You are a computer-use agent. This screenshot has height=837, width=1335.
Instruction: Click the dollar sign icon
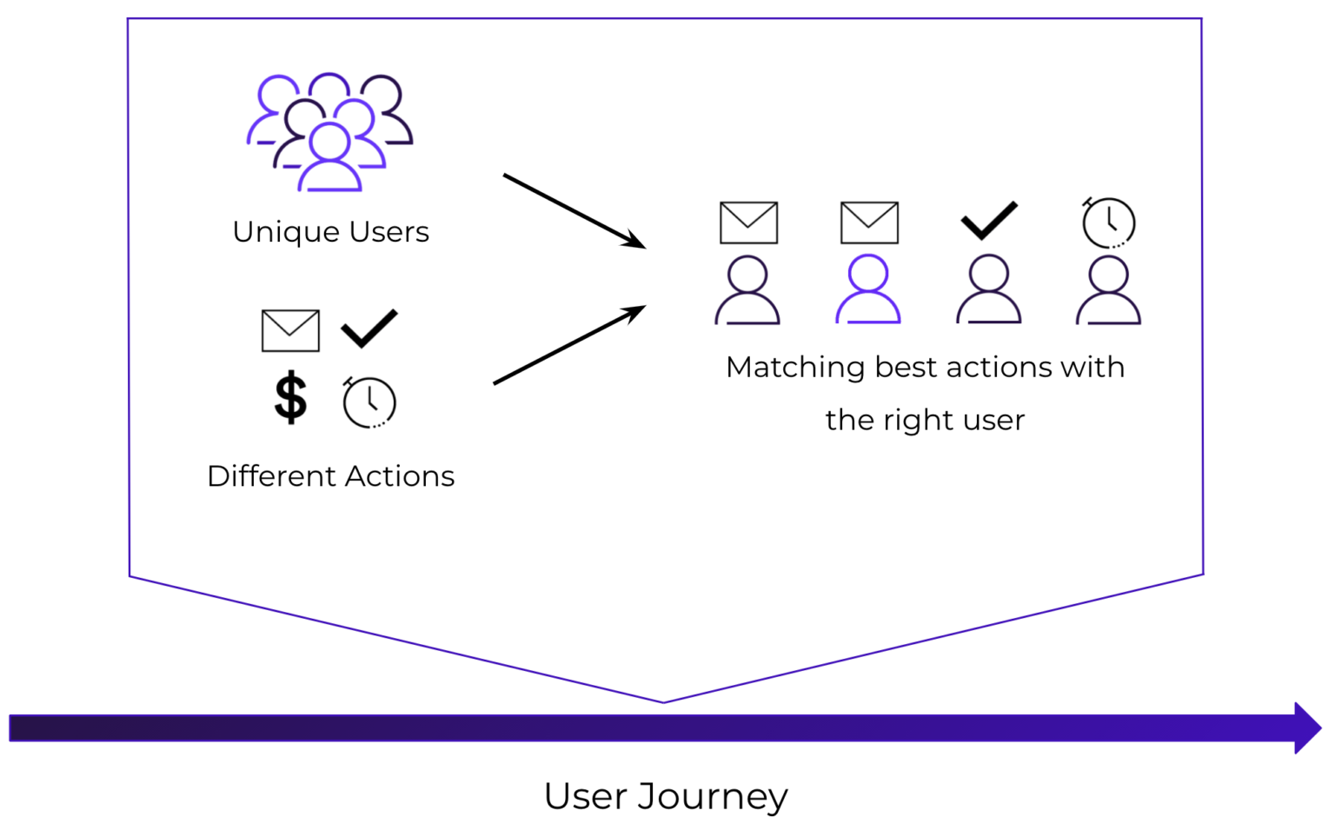click(290, 397)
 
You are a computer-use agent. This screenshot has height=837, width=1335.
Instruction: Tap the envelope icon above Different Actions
click(291, 331)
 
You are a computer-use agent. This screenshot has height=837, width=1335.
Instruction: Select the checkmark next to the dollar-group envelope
click(369, 328)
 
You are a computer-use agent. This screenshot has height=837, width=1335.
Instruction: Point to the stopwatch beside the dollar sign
click(369, 402)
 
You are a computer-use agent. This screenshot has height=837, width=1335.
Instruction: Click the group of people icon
click(329, 132)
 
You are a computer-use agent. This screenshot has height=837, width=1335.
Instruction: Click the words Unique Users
click(331, 232)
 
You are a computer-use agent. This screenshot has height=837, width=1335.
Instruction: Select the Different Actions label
click(331, 476)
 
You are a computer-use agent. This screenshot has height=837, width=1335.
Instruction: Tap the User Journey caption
click(666, 796)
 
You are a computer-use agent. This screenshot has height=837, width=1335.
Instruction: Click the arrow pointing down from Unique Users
click(575, 210)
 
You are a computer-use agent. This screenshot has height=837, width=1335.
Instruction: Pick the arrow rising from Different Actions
click(570, 344)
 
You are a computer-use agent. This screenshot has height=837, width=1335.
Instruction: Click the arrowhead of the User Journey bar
click(1307, 727)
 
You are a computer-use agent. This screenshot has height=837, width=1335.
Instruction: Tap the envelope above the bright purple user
click(869, 223)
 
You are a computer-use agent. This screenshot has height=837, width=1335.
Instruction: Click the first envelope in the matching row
click(749, 223)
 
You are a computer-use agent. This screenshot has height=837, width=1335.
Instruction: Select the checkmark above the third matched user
click(989, 221)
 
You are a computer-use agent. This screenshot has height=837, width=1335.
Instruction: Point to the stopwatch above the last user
click(1108, 223)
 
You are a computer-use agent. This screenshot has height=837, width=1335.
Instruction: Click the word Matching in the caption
click(795, 368)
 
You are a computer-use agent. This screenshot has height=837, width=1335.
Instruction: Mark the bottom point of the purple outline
click(663, 703)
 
